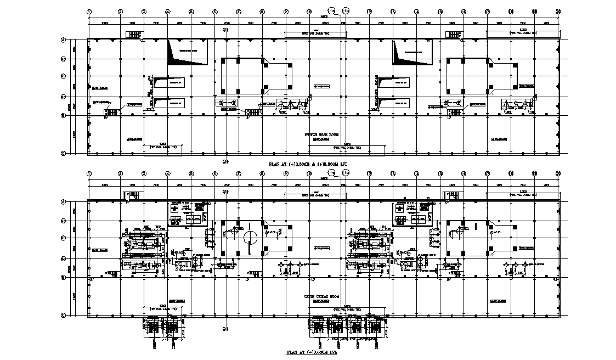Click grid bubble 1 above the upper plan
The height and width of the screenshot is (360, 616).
[89, 11]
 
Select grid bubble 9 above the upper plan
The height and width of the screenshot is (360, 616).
[286, 11]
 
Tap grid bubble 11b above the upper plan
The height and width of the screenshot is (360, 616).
[346, 10]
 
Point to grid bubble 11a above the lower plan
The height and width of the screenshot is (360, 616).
[331, 173]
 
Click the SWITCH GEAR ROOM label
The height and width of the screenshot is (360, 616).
[323, 134]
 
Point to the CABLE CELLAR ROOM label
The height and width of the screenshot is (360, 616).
[323, 296]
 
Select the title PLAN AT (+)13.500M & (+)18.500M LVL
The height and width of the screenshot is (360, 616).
[310, 164]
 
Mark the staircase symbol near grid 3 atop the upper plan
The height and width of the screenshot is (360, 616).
[134, 35]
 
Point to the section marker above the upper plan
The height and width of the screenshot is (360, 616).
[225, 30]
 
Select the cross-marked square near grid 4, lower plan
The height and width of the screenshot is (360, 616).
[174, 209]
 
